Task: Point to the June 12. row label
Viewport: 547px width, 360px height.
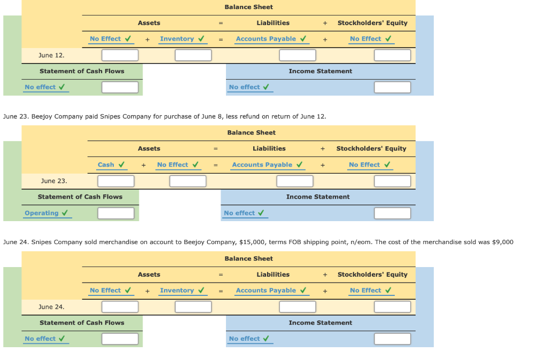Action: [x=51, y=55]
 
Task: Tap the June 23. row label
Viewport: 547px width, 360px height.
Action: [x=54, y=181]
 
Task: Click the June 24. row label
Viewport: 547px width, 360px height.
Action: [x=51, y=307]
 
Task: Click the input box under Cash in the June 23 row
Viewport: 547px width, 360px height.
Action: [x=115, y=181]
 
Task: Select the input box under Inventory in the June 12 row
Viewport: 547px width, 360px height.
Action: [x=193, y=55]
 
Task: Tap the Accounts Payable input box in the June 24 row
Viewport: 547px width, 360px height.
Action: [x=298, y=307]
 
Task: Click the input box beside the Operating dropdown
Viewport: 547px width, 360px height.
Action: [x=115, y=213]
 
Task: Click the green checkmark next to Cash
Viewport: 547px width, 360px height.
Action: [x=122, y=165]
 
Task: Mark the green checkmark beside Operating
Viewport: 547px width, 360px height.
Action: [x=65, y=213]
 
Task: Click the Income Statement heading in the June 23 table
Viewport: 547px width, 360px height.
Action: [x=318, y=197]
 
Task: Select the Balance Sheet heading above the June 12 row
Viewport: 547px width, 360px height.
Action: [x=248, y=7]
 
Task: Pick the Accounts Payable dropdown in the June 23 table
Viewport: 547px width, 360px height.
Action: [x=262, y=165]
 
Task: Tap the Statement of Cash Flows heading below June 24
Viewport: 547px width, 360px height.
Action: [x=82, y=323]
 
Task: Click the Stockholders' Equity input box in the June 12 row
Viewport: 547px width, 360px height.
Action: [x=392, y=55]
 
